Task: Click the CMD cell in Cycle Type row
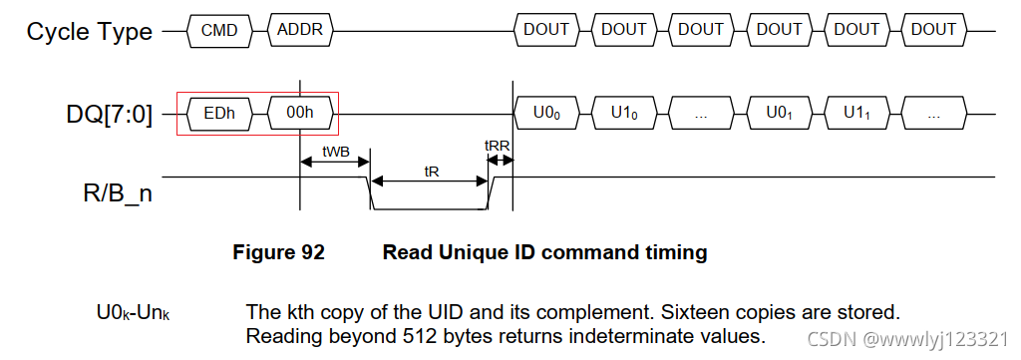pyautogui.click(x=219, y=30)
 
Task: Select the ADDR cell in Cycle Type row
pyautogui.click(x=300, y=30)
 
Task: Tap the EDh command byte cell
pyautogui.click(x=219, y=114)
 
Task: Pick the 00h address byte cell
pyautogui.click(x=300, y=114)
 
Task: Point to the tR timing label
pyautogui.click(x=432, y=171)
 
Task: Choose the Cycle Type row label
pyautogui.click(x=90, y=31)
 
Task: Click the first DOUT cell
pyautogui.click(x=546, y=30)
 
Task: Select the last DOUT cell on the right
pyautogui.click(x=933, y=30)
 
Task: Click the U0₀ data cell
pyautogui.click(x=546, y=114)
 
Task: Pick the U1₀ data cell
pyautogui.click(x=624, y=114)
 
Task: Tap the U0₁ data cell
pyautogui.click(x=779, y=114)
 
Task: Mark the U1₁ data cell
pyautogui.click(x=856, y=114)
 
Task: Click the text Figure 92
pyautogui.click(x=278, y=252)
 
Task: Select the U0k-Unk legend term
pyautogui.click(x=133, y=312)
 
